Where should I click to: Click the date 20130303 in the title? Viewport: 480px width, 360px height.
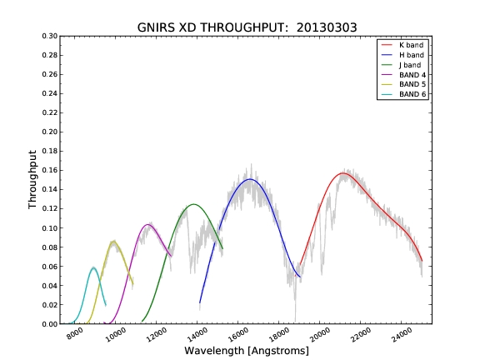pyautogui.click(x=327, y=27)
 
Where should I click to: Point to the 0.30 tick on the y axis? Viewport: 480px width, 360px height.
pyautogui.click(x=50, y=36)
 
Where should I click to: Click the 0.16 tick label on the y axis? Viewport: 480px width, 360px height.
pyautogui.click(x=50, y=170)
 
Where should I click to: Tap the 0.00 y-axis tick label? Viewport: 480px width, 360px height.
pyautogui.click(x=50, y=324)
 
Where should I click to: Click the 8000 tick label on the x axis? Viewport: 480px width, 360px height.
pyautogui.click(x=75, y=333)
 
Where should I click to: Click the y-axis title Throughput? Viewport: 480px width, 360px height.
pyautogui.click(x=32, y=180)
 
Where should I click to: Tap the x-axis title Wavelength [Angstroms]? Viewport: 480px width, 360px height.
pyautogui.click(x=247, y=351)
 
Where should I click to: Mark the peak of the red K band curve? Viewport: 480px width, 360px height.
pyautogui.click(x=342, y=173)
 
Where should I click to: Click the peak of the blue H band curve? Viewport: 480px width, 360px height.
pyautogui.click(x=250, y=179)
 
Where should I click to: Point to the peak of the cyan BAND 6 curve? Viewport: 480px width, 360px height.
pyautogui.click(x=93, y=267)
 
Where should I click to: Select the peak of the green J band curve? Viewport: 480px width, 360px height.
pyautogui.click(x=194, y=204)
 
